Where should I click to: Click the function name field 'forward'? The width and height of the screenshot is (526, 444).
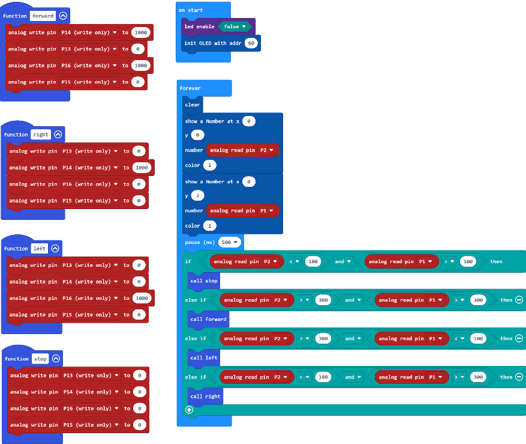tap(43, 16)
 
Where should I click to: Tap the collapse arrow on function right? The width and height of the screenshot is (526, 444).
tap(58, 135)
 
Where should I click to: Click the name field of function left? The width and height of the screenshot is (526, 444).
tap(39, 248)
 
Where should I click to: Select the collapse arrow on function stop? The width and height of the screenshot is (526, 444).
tap(56, 359)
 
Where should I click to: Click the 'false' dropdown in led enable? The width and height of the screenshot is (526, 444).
tap(235, 26)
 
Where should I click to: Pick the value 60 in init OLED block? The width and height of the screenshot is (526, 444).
tap(251, 43)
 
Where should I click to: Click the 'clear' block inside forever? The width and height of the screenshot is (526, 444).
tap(193, 105)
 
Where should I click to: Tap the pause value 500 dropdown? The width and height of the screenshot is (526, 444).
tap(230, 242)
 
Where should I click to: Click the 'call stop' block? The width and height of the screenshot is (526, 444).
tap(204, 281)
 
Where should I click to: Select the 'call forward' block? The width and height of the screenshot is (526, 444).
tap(208, 319)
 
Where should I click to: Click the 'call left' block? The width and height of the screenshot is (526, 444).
tap(204, 358)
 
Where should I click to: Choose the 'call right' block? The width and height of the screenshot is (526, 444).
tap(205, 397)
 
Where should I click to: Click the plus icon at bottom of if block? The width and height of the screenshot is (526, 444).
tap(189, 410)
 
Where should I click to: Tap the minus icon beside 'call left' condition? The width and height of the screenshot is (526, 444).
tap(519, 338)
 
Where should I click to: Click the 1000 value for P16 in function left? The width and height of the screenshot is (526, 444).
tap(142, 298)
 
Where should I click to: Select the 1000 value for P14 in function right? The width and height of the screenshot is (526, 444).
tap(142, 168)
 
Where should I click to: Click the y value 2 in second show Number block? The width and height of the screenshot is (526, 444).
tap(197, 196)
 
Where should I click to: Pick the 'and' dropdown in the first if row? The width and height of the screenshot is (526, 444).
tap(342, 261)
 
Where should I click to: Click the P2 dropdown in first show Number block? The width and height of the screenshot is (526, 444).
tap(267, 150)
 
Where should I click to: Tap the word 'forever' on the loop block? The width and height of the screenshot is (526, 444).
tap(190, 88)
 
